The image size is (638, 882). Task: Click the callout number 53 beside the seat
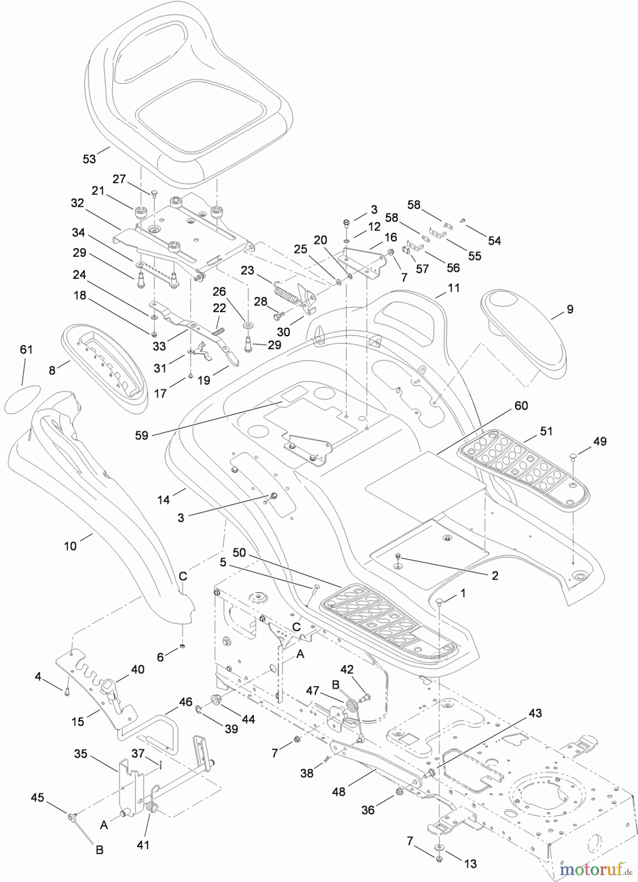[89, 159]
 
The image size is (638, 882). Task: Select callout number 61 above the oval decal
[26, 349]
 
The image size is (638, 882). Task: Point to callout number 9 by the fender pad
[569, 309]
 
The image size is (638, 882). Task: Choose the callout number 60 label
[521, 406]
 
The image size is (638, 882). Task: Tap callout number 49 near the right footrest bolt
[599, 441]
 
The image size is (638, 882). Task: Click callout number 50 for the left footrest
[239, 553]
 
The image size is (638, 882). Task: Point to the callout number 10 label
[71, 545]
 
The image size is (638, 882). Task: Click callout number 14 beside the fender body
[164, 499]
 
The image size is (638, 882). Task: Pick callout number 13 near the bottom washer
[470, 864]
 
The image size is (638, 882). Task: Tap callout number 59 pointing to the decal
[142, 435]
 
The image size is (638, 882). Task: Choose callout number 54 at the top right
[495, 240]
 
